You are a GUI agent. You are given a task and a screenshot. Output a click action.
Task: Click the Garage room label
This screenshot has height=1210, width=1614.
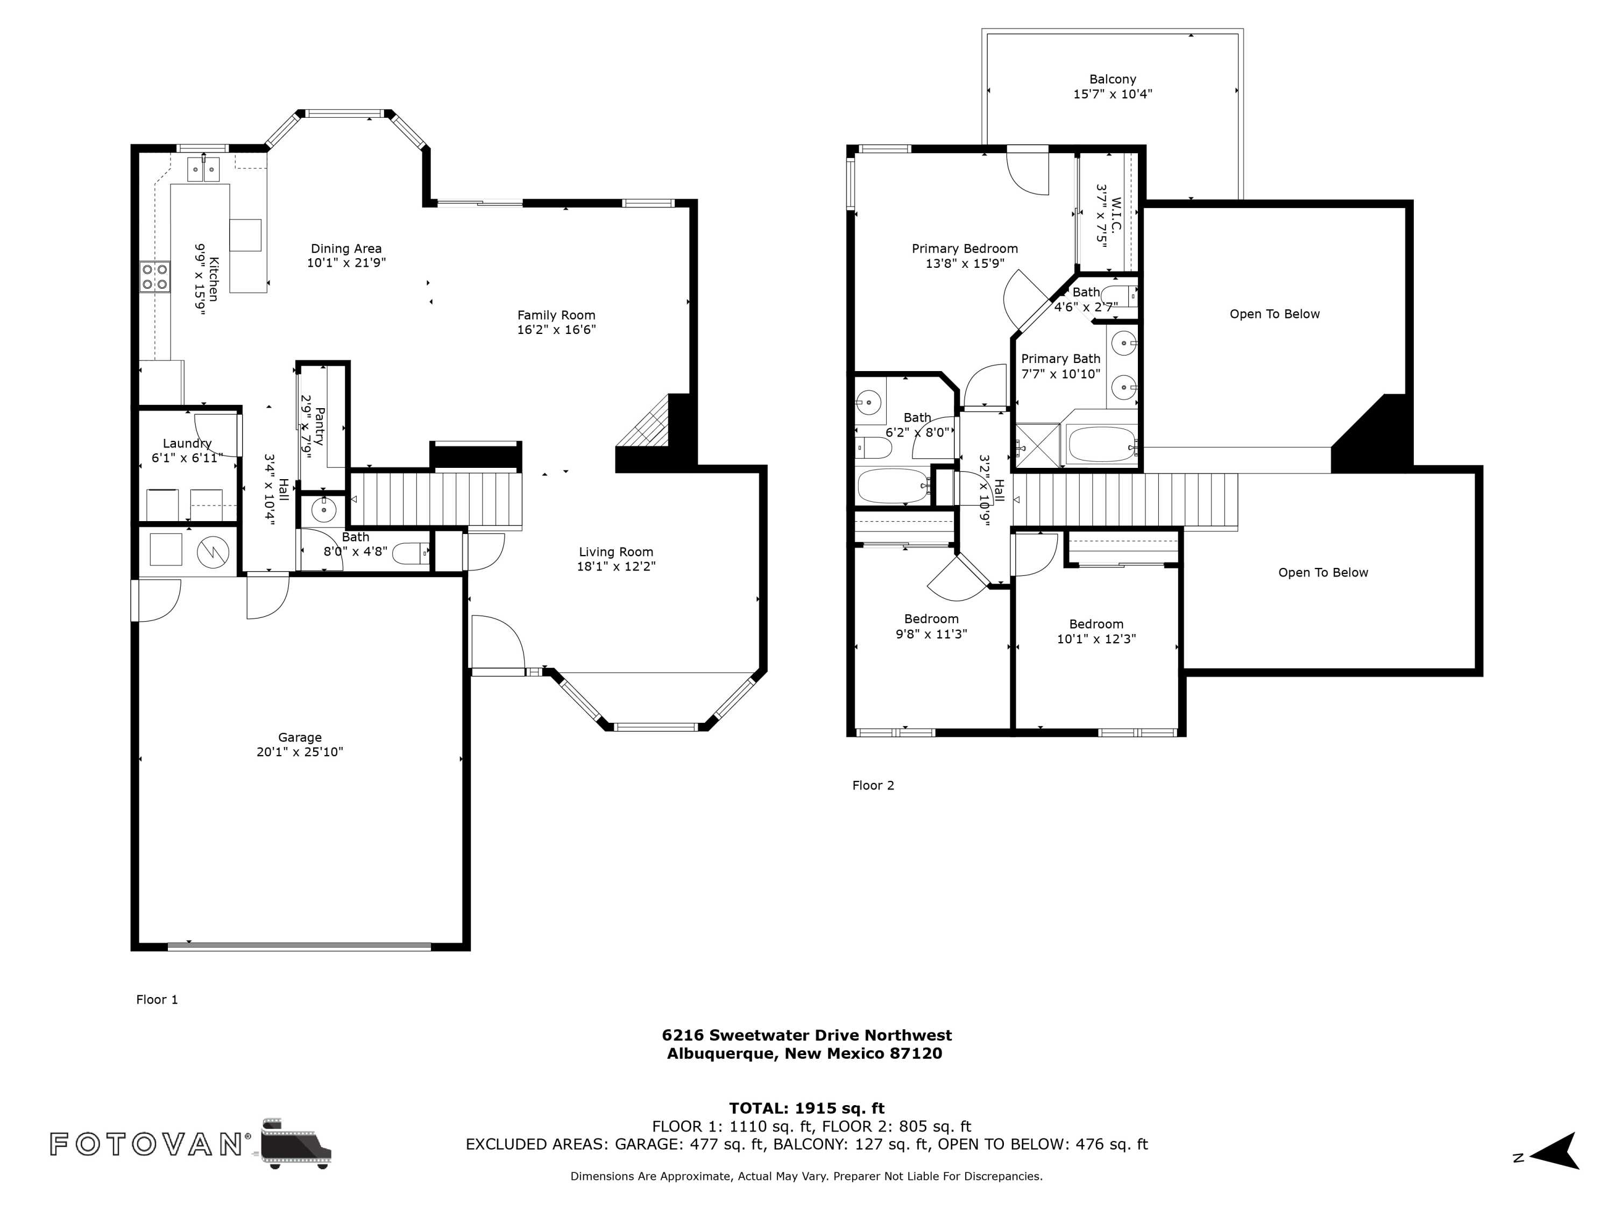click(x=299, y=737)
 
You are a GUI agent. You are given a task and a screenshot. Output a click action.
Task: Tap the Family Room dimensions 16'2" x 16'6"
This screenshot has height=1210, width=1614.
click(x=557, y=330)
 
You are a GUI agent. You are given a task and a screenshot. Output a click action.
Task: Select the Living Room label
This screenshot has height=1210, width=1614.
click(x=616, y=552)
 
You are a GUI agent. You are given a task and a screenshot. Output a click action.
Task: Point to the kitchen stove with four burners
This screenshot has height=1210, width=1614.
click(x=155, y=276)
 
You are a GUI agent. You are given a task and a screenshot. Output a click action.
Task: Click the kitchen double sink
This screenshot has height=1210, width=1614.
click(x=203, y=169)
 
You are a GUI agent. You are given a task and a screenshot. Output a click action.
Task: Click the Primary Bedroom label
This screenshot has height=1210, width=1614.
click(x=965, y=248)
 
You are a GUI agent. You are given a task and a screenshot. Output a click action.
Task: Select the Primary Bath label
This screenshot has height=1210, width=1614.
click(x=1060, y=359)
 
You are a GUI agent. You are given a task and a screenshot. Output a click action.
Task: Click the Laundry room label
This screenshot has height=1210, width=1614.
click(x=187, y=444)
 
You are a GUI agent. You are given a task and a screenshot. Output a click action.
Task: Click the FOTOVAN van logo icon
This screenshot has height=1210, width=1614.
click(x=295, y=1143)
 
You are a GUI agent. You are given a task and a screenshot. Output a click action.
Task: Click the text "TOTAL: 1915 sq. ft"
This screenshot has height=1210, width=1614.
click(x=806, y=1108)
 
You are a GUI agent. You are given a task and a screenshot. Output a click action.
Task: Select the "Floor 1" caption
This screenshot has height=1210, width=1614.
click(x=157, y=999)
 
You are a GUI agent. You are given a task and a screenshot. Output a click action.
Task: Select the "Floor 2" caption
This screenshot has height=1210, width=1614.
click(x=873, y=786)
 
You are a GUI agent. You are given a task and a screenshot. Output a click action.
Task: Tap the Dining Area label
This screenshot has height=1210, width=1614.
click(x=346, y=248)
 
